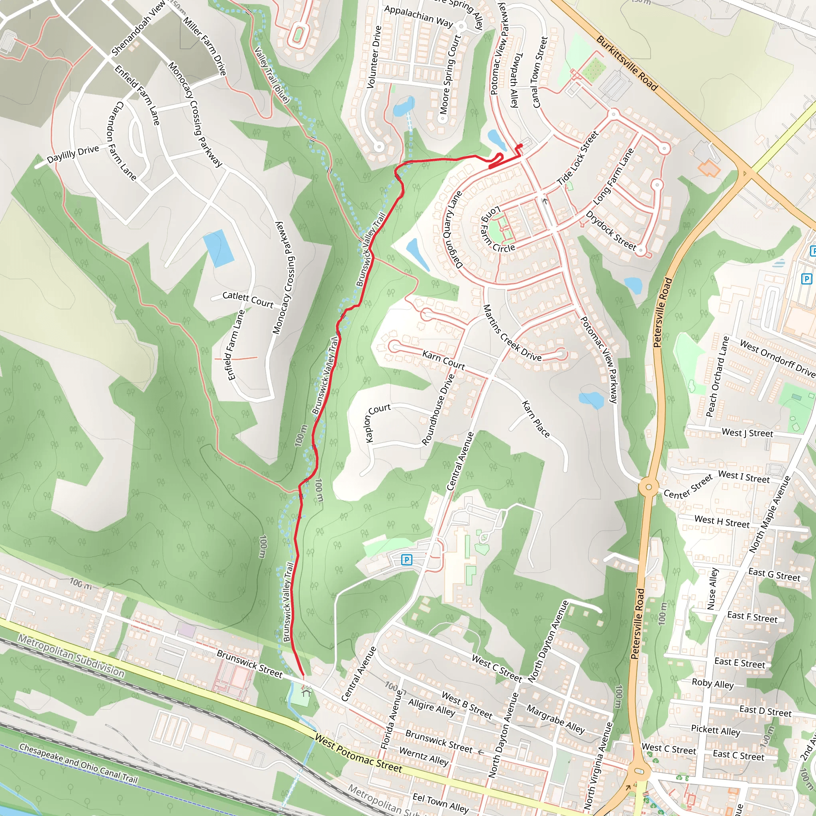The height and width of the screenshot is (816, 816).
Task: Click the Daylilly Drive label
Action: click(x=73, y=154)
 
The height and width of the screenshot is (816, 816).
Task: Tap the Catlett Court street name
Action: click(x=247, y=299)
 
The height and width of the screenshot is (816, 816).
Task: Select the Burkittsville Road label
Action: click(x=627, y=63)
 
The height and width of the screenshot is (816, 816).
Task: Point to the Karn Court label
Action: click(x=443, y=359)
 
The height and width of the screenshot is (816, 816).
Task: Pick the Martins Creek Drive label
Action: click(x=512, y=333)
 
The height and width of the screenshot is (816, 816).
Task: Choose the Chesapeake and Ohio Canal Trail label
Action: click(x=78, y=763)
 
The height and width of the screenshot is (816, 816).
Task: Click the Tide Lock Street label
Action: click(x=578, y=159)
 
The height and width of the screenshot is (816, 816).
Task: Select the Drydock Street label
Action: click(x=611, y=231)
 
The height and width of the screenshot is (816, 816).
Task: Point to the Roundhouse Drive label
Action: click(x=438, y=409)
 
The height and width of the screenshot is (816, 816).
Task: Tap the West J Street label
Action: click(x=747, y=433)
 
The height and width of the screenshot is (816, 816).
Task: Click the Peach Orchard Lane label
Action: click(x=718, y=376)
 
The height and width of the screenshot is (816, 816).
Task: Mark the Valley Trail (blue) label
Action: click(x=272, y=75)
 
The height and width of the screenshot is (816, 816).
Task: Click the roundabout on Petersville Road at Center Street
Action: click(x=648, y=487)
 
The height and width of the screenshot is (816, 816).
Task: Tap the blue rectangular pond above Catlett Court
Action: click(x=218, y=248)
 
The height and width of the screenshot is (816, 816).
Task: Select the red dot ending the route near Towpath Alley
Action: click(x=520, y=146)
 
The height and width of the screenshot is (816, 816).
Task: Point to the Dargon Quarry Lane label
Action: click(x=452, y=229)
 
